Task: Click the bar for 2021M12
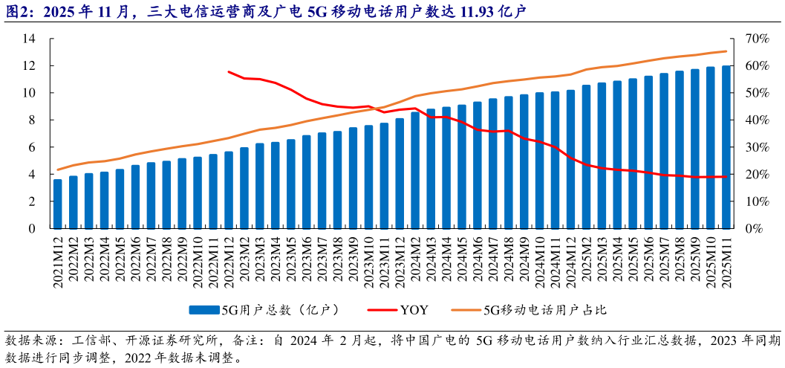coord(58,204)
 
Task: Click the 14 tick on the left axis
coord(29,39)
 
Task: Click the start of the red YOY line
coord(229,72)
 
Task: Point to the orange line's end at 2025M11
coord(726,51)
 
